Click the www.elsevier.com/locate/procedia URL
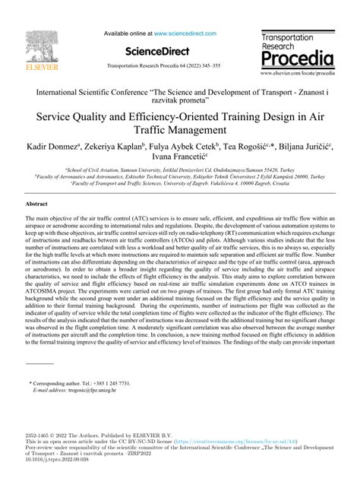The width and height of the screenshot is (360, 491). (298, 74)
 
